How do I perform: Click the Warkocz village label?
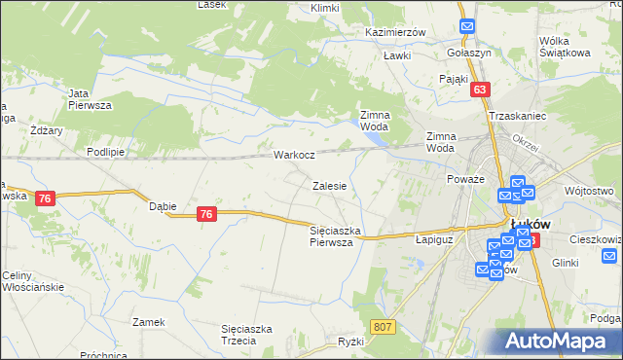click(293, 155)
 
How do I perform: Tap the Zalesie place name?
click(330, 185)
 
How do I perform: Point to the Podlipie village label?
click(105, 152)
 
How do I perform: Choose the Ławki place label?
click(396, 55)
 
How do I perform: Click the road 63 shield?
click(479, 90)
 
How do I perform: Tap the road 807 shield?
click(383, 327)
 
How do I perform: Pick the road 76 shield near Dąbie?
click(205, 214)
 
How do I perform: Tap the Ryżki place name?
click(350, 342)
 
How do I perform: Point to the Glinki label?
click(565, 263)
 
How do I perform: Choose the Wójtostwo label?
click(587, 191)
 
